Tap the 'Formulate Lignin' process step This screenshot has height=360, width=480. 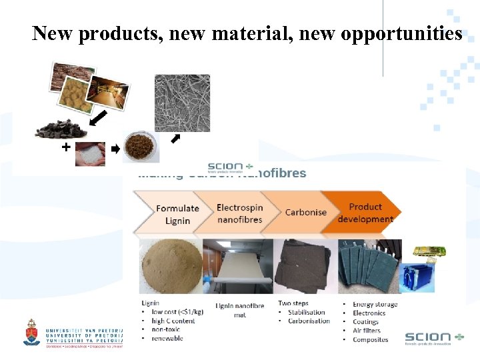coord(177,214)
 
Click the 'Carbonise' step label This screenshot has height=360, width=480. coord(305,212)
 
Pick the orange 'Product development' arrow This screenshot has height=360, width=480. coord(365,212)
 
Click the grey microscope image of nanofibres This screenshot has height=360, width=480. coord(182,103)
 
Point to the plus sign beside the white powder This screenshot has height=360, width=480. coord(65,147)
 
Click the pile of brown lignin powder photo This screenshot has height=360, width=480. coord(170,265)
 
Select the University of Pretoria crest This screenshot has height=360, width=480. coord(31,331)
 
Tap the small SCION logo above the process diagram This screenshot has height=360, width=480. coord(231,166)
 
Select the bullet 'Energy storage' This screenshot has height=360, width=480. coord(375,305)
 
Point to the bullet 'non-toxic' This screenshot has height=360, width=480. coord(167,329)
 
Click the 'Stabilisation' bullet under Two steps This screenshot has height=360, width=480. coord(307,312)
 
